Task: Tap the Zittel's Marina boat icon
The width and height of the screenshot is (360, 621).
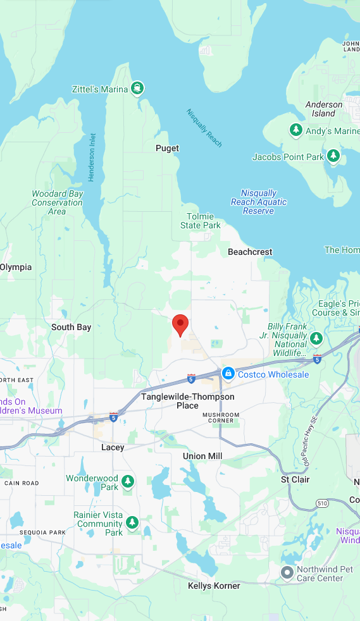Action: pyautogui.click(x=137, y=89)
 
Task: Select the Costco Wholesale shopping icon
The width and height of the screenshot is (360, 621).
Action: pyautogui.click(x=228, y=374)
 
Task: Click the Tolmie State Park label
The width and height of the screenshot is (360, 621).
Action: pyautogui.click(x=201, y=221)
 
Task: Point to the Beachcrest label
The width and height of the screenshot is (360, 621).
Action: pyautogui.click(x=250, y=252)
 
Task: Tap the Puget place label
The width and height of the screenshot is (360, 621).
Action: pyautogui.click(x=168, y=148)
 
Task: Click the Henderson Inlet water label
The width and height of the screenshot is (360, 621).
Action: pyautogui.click(x=92, y=157)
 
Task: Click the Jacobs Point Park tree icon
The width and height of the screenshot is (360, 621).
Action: pyautogui.click(x=333, y=156)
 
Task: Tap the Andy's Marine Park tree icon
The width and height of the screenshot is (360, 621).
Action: pyautogui.click(x=295, y=130)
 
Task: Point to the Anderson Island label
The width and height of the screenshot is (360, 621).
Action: pyautogui.click(x=324, y=109)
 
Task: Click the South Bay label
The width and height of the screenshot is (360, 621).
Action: pyautogui.click(x=71, y=327)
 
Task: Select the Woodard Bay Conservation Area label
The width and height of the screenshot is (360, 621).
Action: pyautogui.click(x=57, y=202)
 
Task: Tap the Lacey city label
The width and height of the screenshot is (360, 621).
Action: pyautogui.click(x=113, y=447)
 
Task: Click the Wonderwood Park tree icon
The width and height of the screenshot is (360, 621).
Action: pyautogui.click(x=128, y=482)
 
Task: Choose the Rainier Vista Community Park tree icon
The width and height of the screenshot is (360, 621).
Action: pyautogui.click(x=132, y=522)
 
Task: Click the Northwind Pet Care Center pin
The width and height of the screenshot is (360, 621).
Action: pyautogui.click(x=287, y=572)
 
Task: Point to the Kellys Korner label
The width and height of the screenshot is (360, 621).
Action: pyautogui.click(x=214, y=586)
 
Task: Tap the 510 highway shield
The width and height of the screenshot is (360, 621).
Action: pyautogui.click(x=323, y=504)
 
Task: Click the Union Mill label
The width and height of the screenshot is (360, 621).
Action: pyautogui.click(x=202, y=456)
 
